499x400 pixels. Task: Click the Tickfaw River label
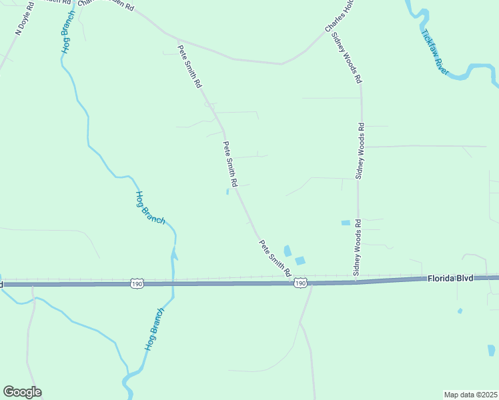click(x=436, y=51)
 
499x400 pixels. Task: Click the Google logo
click(x=22, y=392)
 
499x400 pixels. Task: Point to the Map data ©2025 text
click(x=470, y=395)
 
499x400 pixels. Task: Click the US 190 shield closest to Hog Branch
click(x=137, y=284)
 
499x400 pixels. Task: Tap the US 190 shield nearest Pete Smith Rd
click(x=300, y=283)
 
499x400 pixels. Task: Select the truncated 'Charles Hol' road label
click(x=338, y=16)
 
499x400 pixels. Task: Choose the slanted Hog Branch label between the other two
click(x=149, y=208)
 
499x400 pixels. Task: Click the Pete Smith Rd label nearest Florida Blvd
click(x=276, y=259)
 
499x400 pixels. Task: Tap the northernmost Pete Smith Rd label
click(x=189, y=67)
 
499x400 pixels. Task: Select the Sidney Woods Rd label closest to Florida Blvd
click(x=358, y=248)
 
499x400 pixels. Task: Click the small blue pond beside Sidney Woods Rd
click(x=346, y=223)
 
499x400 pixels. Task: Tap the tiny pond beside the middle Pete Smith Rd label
click(x=227, y=192)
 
